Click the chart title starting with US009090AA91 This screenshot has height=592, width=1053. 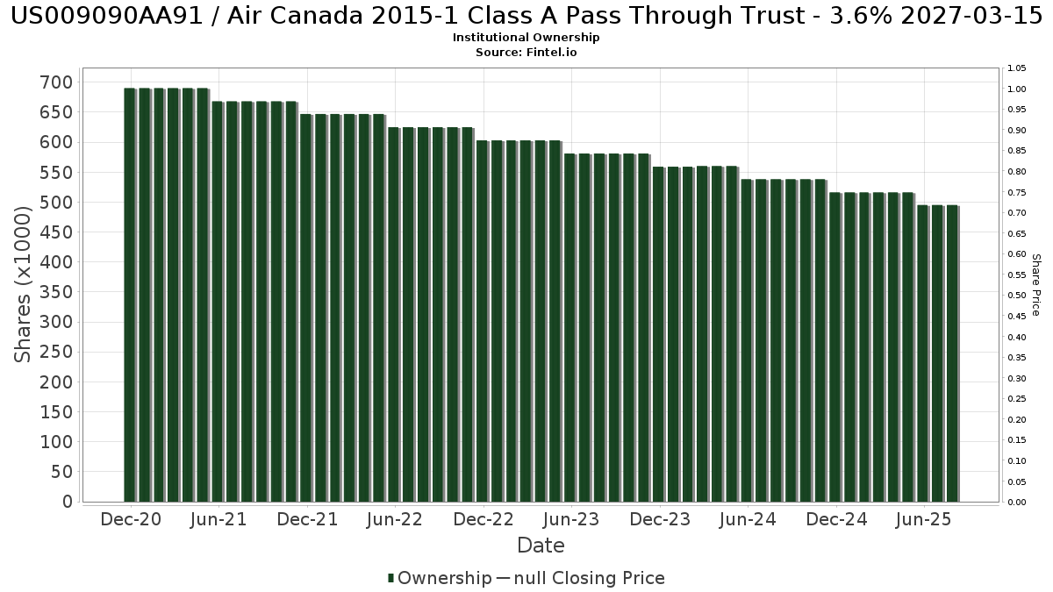click(526, 17)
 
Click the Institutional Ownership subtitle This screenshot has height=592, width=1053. click(526, 38)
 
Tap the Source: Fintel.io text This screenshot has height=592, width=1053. click(526, 52)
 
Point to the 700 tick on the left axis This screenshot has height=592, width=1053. click(59, 82)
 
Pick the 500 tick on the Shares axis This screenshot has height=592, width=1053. click(59, 203)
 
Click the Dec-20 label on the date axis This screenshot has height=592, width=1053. click(131, 519)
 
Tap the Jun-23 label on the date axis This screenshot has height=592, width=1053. click(571, 519)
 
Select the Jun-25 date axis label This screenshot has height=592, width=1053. click(923, 519)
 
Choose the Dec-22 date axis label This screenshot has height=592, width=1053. click(484, 519)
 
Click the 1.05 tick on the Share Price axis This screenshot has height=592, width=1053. click(1017, 68)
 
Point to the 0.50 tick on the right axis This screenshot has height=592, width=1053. click(1017, 296)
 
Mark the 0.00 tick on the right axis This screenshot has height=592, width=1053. click(1017, 503)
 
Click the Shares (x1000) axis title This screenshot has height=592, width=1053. click(24, 284)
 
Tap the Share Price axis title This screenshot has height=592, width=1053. click(1035, 284)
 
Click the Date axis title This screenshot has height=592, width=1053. click(541, 546)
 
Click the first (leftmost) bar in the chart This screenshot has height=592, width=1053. click(130, 295)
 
